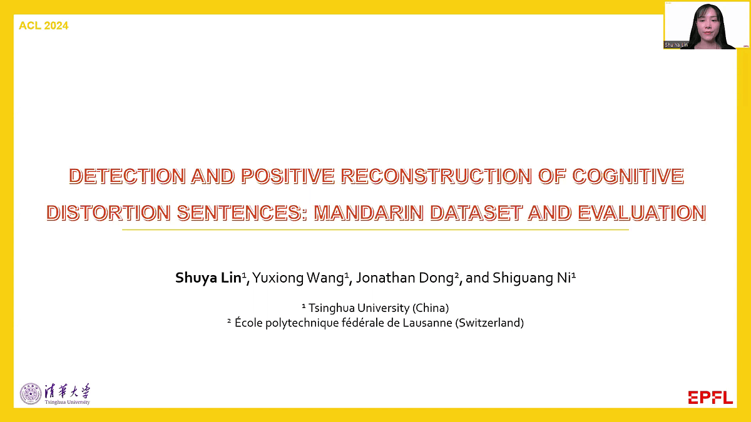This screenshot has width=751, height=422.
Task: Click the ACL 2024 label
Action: [x=44, y=26]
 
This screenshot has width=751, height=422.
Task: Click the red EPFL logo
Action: [x=710, y=397]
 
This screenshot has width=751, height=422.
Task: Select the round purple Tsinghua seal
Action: [x=31, y=393]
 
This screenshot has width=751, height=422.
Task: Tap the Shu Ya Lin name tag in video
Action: [x=677, y=45]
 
